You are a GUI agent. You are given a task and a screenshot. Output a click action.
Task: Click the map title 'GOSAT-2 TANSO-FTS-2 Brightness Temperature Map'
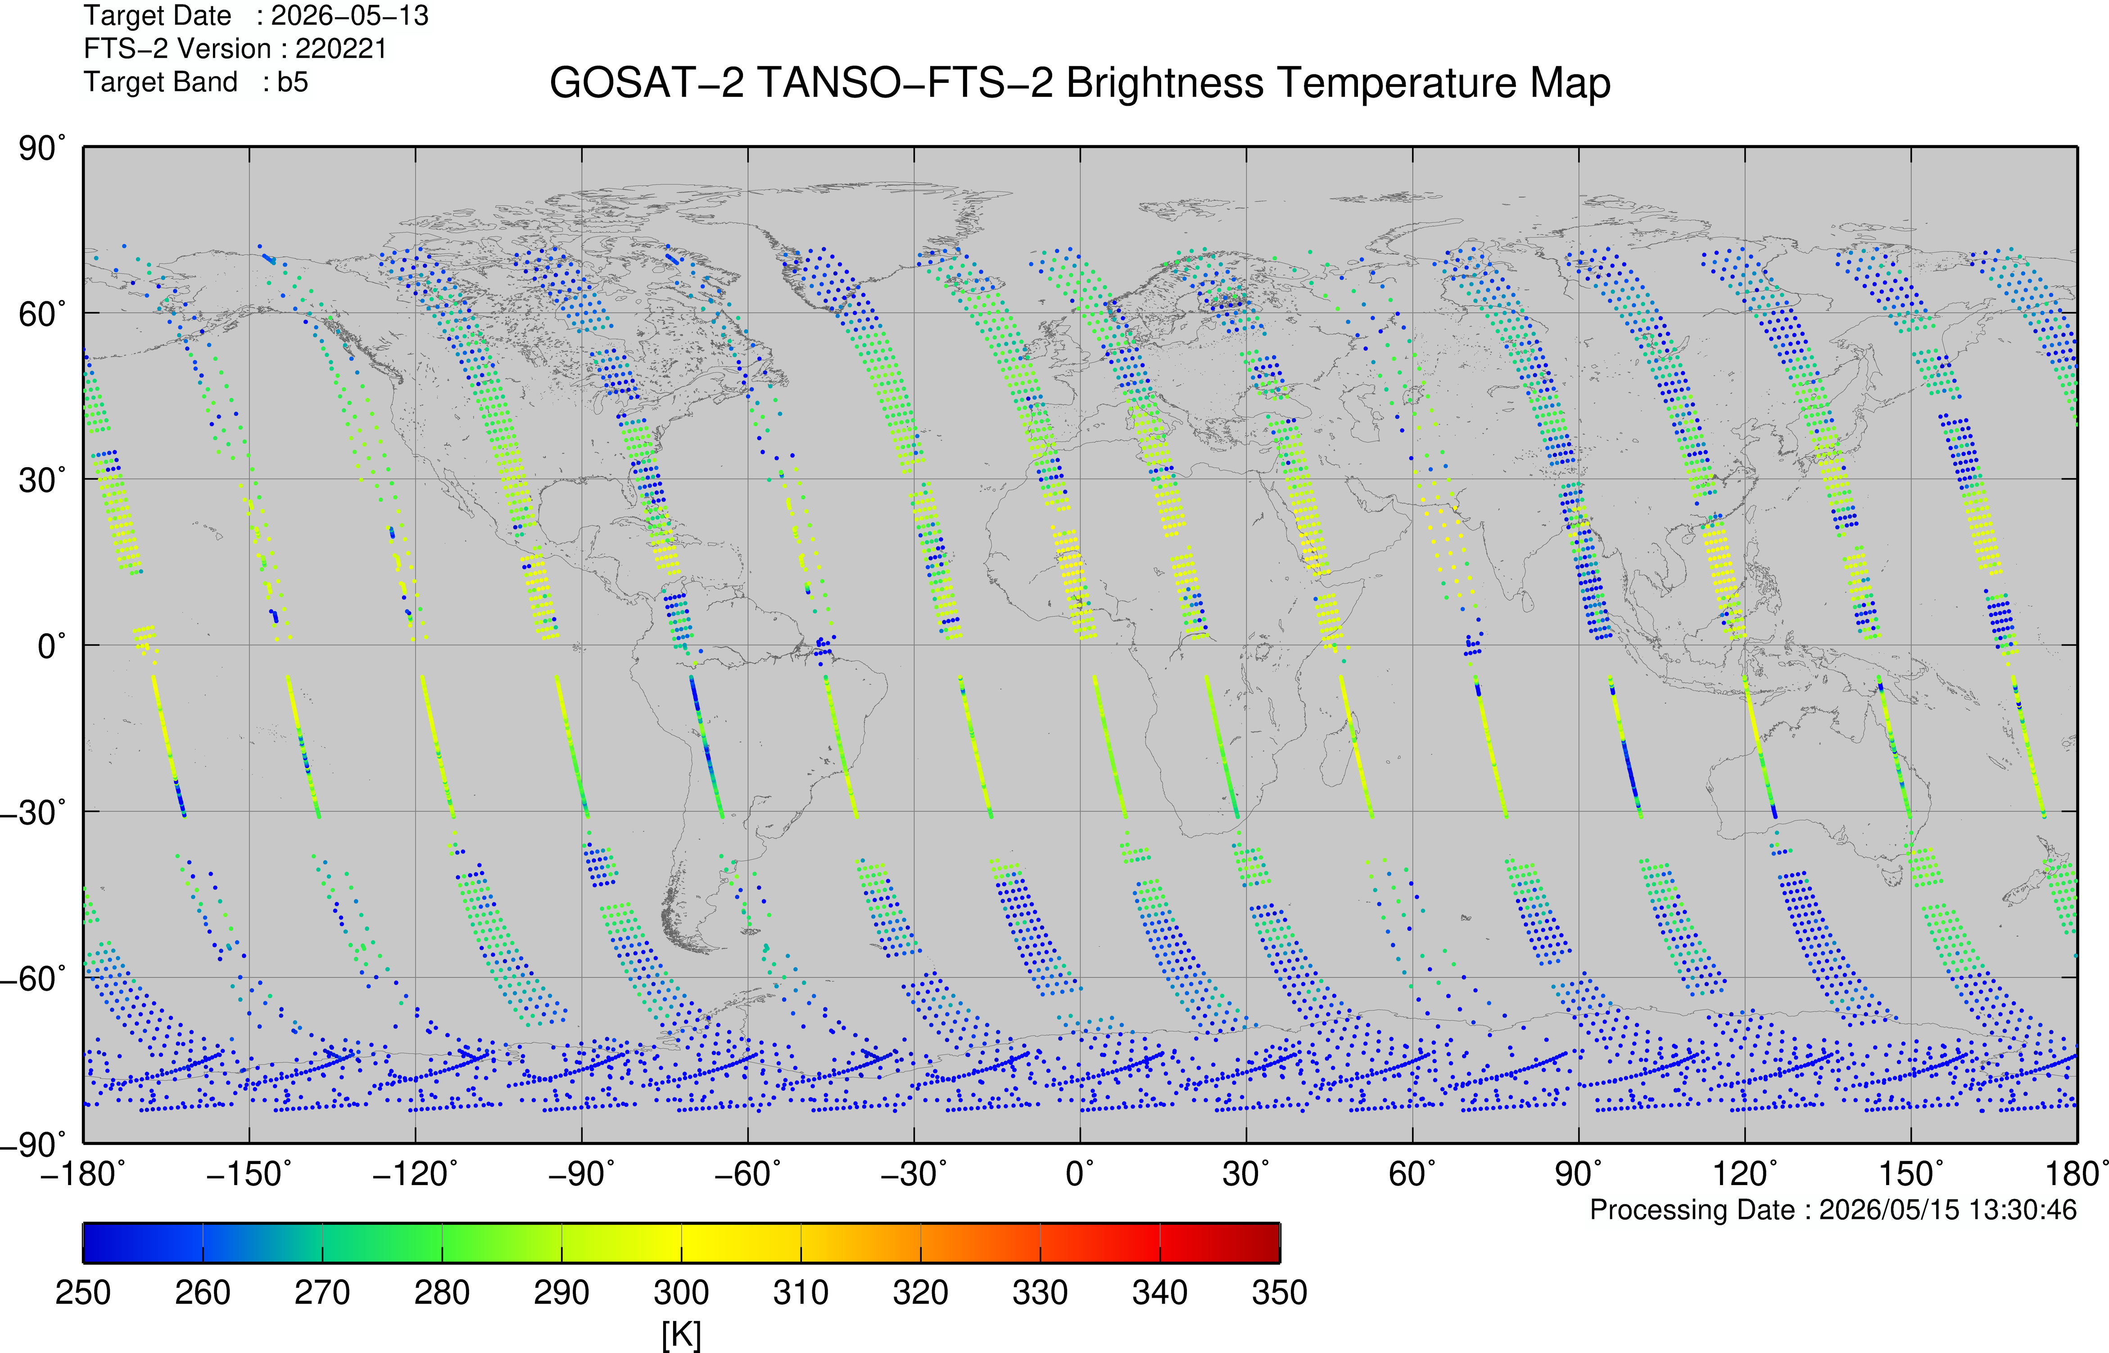pyautogui.click(x=1080, y=83)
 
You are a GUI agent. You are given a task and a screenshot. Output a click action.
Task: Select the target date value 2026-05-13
pyautogui.click(x=350, y=16)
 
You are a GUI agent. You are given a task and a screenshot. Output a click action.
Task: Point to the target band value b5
pyautogui.click(x=293, y=82)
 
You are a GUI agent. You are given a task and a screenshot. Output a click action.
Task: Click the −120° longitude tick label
pyautogui.click(x=415, y=1173)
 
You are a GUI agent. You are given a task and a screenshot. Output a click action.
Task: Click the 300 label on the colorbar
pyautogui.click(x=681, y=1292)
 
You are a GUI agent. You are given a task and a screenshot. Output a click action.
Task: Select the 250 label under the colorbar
pyautogui.click(x=82, y=1292)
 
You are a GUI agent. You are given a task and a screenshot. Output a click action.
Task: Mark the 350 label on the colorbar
pyautogui.click(x=1280, y=1292)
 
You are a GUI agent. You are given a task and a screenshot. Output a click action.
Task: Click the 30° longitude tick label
pyautogui.click(x=1246, y=1173)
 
